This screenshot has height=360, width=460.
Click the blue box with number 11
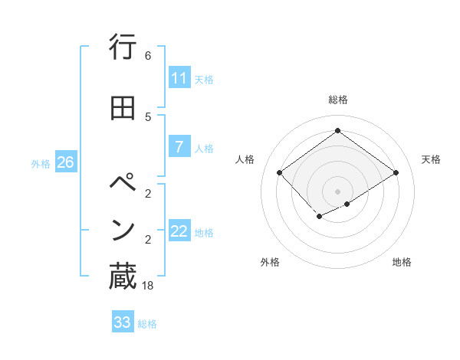(179, 78)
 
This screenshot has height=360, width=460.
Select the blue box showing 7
(179, 147)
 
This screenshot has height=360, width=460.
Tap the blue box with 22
(179, 231)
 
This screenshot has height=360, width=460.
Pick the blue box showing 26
(65, 162)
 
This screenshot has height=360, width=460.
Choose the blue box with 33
(123, 322)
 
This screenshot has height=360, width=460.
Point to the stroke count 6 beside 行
(148, 56)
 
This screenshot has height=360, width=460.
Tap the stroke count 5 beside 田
(148, 116)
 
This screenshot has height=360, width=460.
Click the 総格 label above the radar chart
(338, 100)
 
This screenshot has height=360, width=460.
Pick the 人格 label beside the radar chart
(245, 159)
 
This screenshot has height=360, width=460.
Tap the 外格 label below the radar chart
(270, 263)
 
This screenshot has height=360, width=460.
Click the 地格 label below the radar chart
(402, 263)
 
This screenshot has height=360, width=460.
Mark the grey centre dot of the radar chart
(337, 191)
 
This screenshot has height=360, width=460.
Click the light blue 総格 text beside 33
(147, 324)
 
